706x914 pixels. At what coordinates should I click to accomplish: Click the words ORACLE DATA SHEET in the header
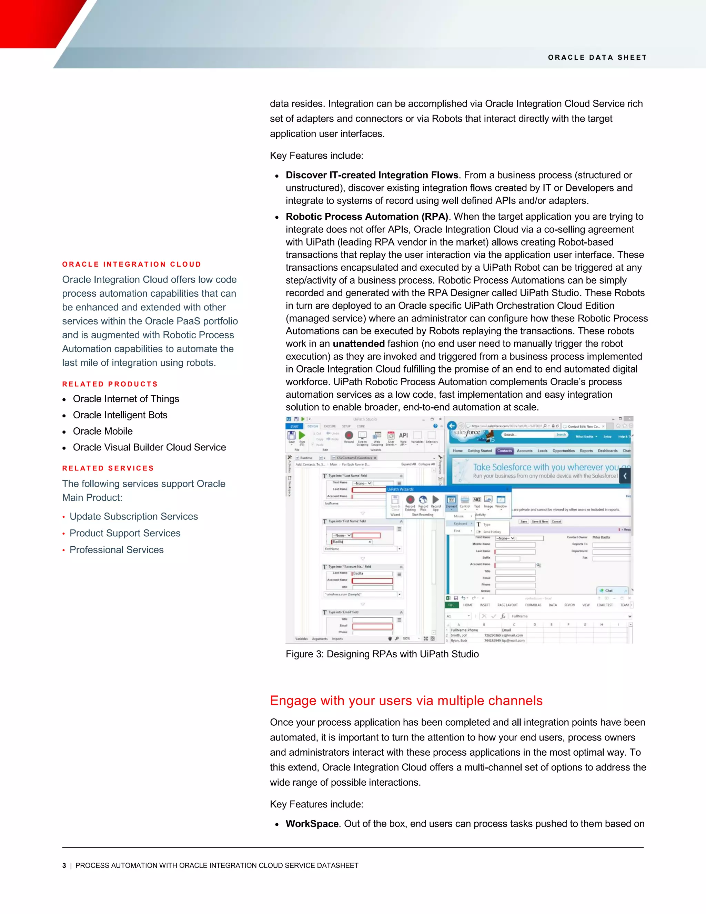(x=597, y=57)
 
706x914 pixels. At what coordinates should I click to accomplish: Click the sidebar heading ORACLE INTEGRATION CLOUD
(x=132, y=264)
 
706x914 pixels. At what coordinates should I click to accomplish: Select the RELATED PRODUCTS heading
(x=110, y=384)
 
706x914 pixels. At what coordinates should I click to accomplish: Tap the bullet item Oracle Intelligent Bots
(x=120, y=415)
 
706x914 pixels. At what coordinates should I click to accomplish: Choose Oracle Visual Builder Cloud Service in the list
(x=149, y=447)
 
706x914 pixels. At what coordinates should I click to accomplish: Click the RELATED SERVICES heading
(x=108, y=468)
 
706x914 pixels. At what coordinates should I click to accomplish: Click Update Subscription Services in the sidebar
(x=133, y=516)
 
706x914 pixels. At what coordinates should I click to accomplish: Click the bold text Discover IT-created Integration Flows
(x=372, y=175)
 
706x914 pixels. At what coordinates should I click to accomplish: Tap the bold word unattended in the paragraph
(x=359, y=344)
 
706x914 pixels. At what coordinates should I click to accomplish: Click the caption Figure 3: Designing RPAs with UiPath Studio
(x=382, y=654)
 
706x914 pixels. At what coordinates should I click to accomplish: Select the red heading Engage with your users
(x=406, y=700)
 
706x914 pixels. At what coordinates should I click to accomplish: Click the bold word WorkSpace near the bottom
(x=312, y=824)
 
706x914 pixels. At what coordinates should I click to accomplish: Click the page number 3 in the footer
(x=64, y=865)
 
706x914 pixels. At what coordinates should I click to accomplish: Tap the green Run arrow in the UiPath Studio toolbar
(x=302, y=435)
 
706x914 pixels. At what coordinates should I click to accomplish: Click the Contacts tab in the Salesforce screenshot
(x=504, y=451)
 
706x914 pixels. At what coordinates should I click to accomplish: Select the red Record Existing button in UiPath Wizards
(x=410, y=500)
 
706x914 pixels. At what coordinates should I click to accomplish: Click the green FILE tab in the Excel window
(x=451, y=605)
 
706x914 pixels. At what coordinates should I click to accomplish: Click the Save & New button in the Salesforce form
(x=539, y=521)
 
